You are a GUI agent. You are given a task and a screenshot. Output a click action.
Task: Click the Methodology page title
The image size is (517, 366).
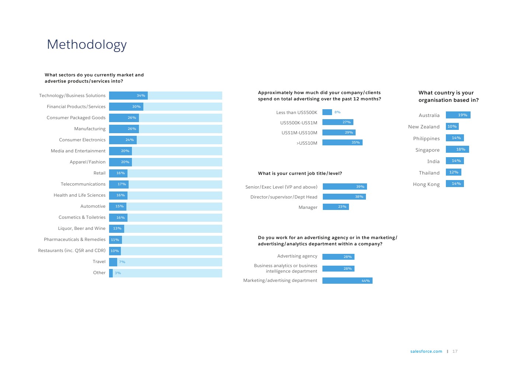tap(87, 45)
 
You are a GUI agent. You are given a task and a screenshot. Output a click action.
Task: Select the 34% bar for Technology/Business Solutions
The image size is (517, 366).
tap(128, 96)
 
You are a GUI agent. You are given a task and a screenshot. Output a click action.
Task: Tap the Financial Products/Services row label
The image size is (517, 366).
tap(76, 107)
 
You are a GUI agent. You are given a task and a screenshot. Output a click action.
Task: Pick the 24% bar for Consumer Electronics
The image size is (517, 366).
tap(123, 140)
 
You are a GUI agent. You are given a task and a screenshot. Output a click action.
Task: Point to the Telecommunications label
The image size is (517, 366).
tap(83, 184)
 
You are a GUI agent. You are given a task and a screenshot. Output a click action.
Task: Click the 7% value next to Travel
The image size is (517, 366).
tap(122, 262)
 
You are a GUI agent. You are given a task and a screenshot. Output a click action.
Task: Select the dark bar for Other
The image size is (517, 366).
tap(111, 273)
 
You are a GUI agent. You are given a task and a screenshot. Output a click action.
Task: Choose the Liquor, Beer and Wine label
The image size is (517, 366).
tap(81, 228)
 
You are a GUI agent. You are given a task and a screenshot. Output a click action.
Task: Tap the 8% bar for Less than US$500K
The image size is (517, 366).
tap(327, 112)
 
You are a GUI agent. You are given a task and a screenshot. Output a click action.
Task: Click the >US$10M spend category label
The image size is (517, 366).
tap(307, 143)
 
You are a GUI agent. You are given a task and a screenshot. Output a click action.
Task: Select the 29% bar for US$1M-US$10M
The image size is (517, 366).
tap(339, 132)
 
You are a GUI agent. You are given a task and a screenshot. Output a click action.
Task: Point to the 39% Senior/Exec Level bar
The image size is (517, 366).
tap(345, 187)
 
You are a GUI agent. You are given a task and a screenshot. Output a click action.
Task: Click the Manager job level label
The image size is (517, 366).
tap(308, 207)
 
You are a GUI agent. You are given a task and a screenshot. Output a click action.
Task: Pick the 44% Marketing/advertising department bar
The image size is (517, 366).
tap(347, 281)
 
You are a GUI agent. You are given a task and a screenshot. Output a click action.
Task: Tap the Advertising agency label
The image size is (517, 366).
tap(297, 256)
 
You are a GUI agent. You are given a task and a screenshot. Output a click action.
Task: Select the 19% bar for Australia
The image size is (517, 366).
tap(458, 115)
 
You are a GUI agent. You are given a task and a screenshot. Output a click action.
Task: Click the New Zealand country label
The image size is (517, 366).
tap(424, 127)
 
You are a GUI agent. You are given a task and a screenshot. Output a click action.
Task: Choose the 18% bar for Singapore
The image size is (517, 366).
tap(457, 149)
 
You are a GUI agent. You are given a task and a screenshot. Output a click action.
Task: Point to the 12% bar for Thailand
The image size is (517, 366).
tap(453, 172)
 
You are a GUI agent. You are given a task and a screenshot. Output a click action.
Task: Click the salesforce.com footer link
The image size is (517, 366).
tap(426, 351)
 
